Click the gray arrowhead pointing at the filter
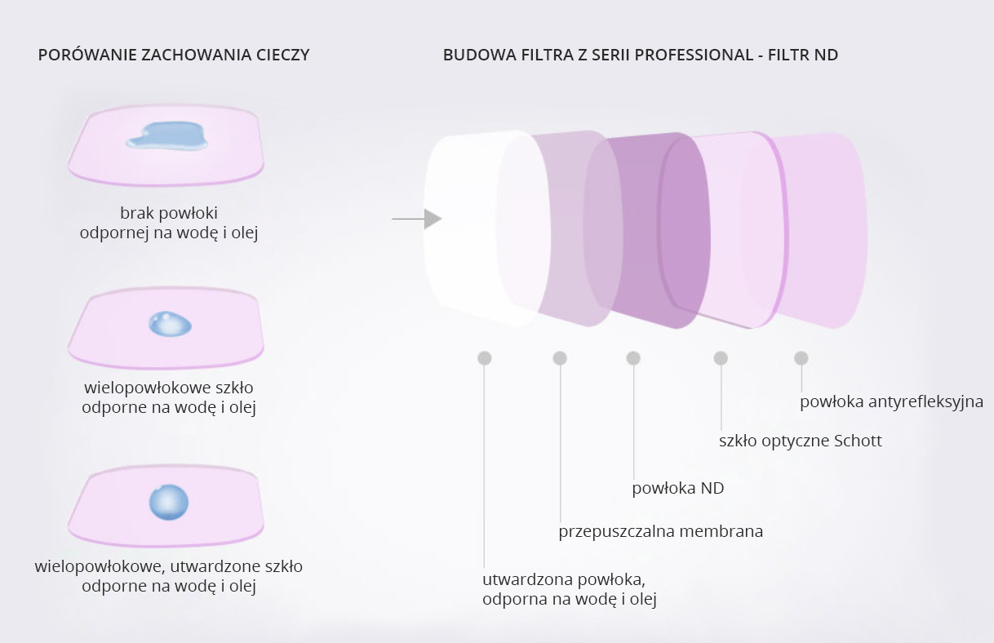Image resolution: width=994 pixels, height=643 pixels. (433, 219)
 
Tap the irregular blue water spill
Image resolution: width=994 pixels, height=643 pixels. (167, 135)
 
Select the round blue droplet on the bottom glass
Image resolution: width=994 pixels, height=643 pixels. (169, 502)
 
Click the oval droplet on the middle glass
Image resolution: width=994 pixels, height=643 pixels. (170, 324)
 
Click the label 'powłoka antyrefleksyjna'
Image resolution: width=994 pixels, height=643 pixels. (891, 402)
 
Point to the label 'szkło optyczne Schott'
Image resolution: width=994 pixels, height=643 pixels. (801, 441)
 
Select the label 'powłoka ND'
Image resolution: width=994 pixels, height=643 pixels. (678, 488)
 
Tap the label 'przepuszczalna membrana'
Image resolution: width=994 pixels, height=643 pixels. (661, 531)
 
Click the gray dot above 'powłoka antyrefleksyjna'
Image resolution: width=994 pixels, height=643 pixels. (801, 358)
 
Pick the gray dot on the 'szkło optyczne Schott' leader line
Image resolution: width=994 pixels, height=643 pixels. (721, 358)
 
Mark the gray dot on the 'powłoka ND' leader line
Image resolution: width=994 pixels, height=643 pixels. (633, 358)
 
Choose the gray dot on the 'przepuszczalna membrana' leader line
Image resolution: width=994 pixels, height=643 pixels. (560, 358)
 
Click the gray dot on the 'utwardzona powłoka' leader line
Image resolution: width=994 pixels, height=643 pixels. (485, 358)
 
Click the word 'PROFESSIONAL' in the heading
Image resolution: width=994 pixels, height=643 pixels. (694, 55)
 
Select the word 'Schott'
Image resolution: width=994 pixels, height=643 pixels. (859, 441)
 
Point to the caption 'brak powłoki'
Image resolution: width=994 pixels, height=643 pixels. (169, 213)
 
